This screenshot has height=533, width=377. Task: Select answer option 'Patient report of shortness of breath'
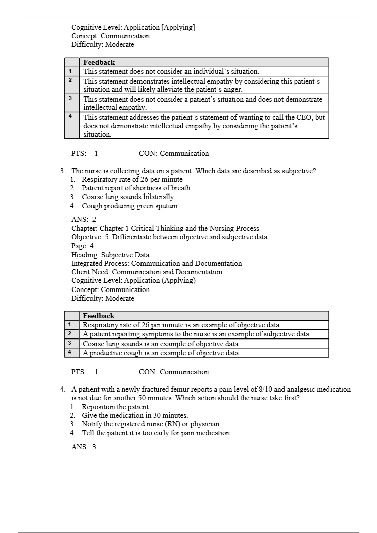point(136,188)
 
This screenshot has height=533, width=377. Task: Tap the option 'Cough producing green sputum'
point(129,206)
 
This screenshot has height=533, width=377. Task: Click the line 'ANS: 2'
point(83,219)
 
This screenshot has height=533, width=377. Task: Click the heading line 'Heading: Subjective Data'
point(110,255)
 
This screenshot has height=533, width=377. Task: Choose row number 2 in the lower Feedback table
point(70,334)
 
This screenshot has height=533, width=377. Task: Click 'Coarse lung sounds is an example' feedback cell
point(161,344)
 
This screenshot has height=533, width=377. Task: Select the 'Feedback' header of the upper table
point(99,62)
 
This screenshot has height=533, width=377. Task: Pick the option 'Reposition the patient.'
point(116,407)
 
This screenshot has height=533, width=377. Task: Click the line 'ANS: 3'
point(83,447)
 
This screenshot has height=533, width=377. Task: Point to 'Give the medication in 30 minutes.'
point(135,415)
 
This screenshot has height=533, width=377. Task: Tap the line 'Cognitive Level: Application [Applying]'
point(133,27)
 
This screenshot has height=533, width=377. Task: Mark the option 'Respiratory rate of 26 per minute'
point(132,179)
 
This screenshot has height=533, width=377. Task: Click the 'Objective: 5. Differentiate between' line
point(170,237)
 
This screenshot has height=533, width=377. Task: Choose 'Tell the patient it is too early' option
point(157,433)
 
